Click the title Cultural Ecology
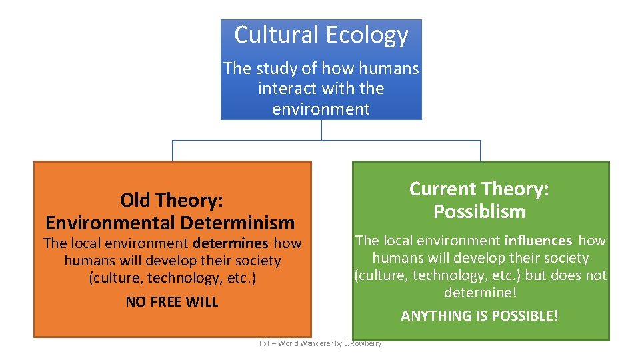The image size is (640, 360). coord(321,35)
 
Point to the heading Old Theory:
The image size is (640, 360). coord(171,199)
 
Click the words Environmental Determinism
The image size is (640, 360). coord(170,222)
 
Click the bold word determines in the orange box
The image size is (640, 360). coord(231,243)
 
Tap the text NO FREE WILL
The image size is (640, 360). coord(172,301)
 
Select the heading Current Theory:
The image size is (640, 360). coord(479,189)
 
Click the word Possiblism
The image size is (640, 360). coord(479,211)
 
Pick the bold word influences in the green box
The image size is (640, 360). coord(539,240)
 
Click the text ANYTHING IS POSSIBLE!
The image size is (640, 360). coord(479,315)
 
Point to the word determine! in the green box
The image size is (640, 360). coord(480,293)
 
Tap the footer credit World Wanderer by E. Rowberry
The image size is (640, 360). coord(330,343)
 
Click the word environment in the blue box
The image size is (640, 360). coord(321,108)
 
